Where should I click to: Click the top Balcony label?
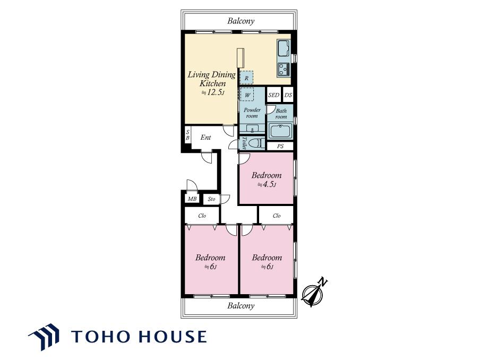pyautogui.click(x=241, y=21)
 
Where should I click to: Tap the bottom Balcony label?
pyautogui.click(x=241, y=305)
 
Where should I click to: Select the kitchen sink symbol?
pyautogui.click(x=284, y=48)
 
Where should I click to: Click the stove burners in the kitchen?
pyautogui.click(x=284, y=69)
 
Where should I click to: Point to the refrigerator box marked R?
pyautogui.click(x=246, y=78)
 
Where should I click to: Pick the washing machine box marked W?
pyautogui.click(x=247, y=95)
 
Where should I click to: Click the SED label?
pyautogui.click(x=273, y=95)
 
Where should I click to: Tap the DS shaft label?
pyautogui.click(x=288, y=95)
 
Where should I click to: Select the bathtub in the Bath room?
pyautogui.click(x=280, y=131)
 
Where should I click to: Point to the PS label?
pyautogui.click(x=280, y=147)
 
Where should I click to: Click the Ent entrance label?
pyautogui.click(x=205, y=138)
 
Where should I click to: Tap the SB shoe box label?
pyautogui.click(x=187, y=135)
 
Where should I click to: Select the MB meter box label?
pyautogui.click(x=192, y=199)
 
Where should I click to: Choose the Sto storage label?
pyautogui.click(x=211, y=199)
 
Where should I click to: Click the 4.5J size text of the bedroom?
pyautogui.click(x=267, y=185)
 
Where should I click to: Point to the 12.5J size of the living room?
pyautogui.click(x=213, y=92)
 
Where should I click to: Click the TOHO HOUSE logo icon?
pyautogui.click(x=44, y=337)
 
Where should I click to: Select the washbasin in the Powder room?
pyautogui.click(x=252, y=128)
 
